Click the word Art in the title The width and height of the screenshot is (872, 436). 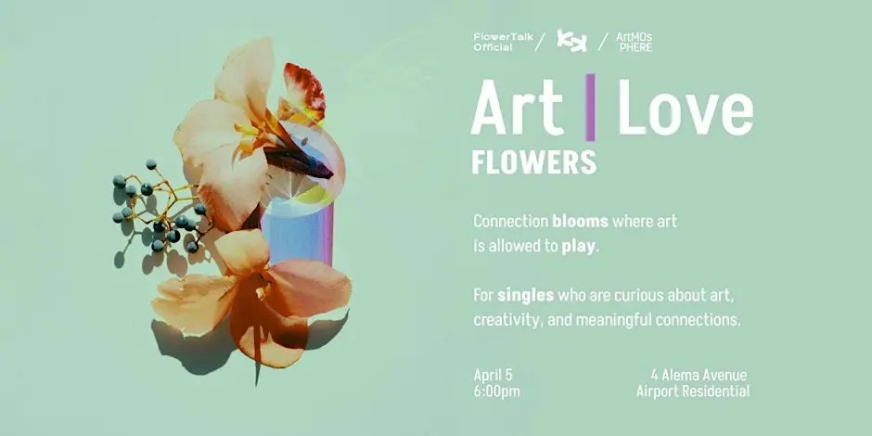point(517,109)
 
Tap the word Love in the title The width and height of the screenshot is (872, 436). point(686,109)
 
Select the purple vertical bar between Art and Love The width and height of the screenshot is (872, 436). point(590,109)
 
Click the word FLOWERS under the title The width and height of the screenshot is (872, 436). point(533,161)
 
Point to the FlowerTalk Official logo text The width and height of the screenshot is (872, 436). point(498,42)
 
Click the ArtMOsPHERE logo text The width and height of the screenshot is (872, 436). point(634,42)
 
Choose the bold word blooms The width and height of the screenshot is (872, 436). point(581,222)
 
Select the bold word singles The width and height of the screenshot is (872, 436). point(525,296)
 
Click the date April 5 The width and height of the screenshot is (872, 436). point(493,375)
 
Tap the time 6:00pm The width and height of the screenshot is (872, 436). point(496,391)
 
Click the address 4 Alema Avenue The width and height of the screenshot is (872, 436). point(699,375)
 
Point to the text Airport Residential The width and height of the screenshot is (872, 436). point(692,391)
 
